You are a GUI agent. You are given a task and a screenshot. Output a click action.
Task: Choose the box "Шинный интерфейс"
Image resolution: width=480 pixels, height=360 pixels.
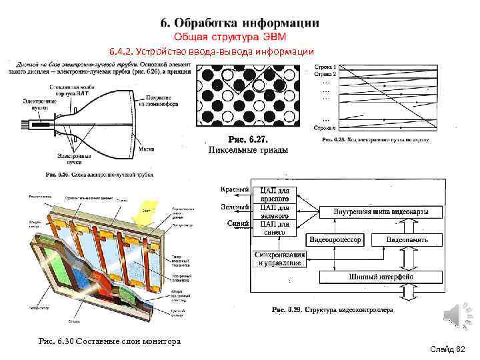point(381,276)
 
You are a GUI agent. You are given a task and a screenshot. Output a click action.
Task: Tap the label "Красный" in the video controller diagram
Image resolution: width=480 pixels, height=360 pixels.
point(235,190)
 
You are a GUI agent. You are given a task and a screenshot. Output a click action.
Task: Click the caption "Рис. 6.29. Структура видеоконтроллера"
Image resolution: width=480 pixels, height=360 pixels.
point(333,309)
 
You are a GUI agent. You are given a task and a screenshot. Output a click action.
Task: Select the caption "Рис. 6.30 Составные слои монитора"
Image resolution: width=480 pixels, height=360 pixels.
point(110,341)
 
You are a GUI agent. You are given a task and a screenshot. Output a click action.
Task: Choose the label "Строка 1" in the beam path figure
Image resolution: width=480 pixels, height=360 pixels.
point(326,67)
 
